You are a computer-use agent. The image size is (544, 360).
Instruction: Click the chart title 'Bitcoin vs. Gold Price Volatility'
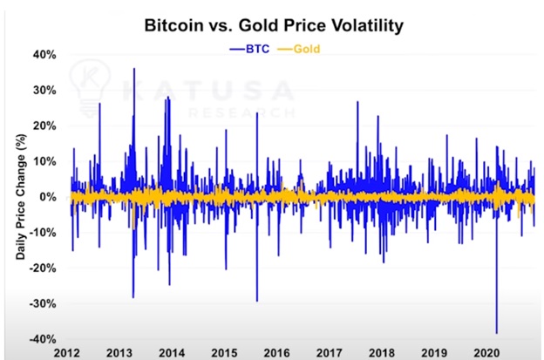pyautogui.click(x=273, y=26)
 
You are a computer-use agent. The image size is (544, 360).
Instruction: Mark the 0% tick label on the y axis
pyautogui.click(x=49, y=197)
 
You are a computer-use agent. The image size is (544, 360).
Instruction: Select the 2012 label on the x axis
pyautogui.click(x=67, y=353)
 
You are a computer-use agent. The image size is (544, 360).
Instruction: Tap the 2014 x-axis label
pyautogui.click(x=172, y=353)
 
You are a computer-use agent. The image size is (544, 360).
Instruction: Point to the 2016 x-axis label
pyautogui.click(x=276, y=353)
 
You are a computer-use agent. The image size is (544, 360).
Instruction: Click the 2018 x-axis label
pyautogui.click(x=382, y=353)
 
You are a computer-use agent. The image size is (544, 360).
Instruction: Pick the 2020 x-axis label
pyautogui.click(x=486, y=353)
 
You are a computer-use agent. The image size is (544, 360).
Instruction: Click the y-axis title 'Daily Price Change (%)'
pyautogui.click(x=18, y=197)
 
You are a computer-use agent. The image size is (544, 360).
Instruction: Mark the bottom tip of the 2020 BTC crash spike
pyautogui.click(x=497, y=333)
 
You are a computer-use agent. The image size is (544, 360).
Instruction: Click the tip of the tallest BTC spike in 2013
pyautogui.click(x=133, y=68)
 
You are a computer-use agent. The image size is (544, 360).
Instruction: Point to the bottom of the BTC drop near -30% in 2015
pyautogui.click(x=256, y=301)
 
